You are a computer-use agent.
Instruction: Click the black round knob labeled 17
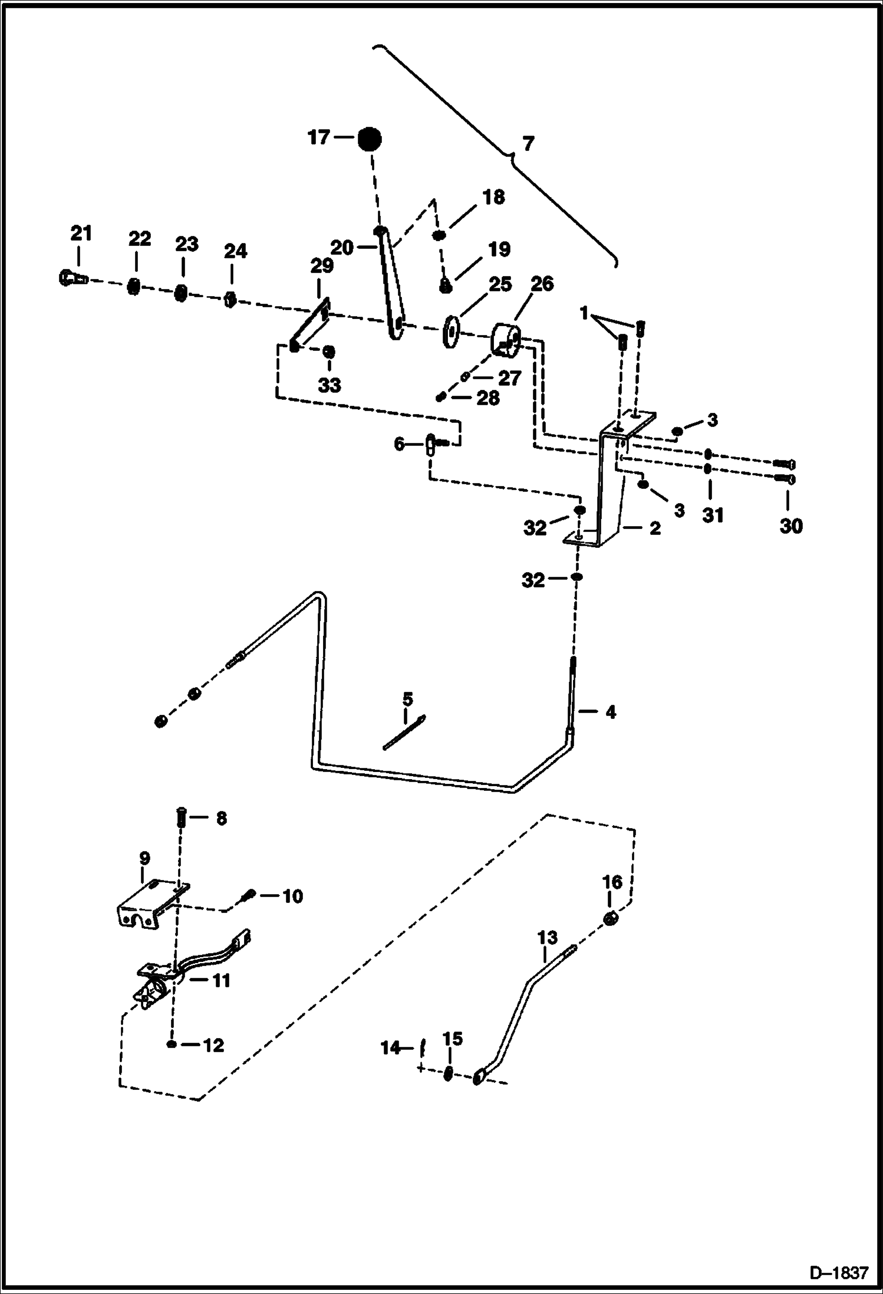(x=369, y=139)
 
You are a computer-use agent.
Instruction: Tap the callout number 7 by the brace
(x=528, y=143)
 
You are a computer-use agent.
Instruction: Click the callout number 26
(x=542, y=284)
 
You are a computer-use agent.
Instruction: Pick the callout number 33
(x=330, y=385)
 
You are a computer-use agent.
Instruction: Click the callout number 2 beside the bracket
(x=655, y=528)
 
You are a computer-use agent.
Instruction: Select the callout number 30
(x=790, y=526)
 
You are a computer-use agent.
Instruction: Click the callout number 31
(x=712, y=515)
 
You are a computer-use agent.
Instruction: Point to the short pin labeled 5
(x=404, y=733)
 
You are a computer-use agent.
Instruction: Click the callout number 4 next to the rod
(x=610, y=712)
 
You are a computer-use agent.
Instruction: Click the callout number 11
(x=221, y=980)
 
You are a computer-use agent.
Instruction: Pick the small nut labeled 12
(x=171, y=1045)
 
